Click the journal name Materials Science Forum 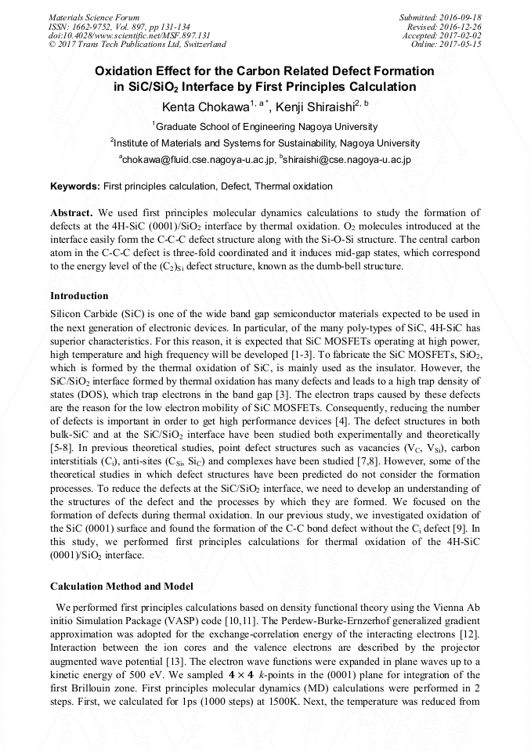click(x=94, y=16)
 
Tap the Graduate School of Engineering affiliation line click(x=265, y=127)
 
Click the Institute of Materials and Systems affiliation click(x=265, y=143)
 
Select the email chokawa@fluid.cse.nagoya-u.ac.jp click(x=197, y=160)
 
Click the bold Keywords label click(x=74, y=186)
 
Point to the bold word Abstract click(x=71, y=213)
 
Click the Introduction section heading click(x=79, y=296)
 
